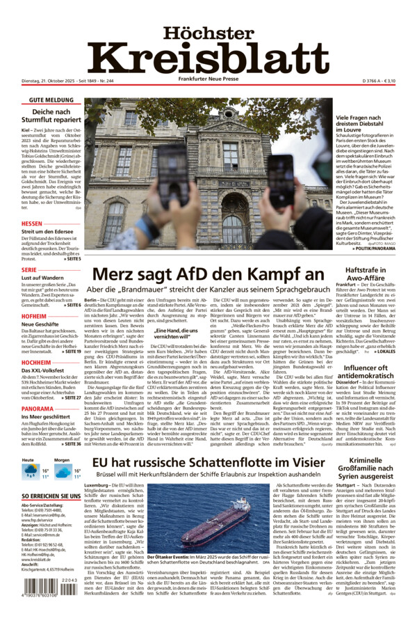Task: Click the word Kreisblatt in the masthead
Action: coord(208,58)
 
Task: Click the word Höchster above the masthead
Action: coord(208,33)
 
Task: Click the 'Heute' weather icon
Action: coord(30,473)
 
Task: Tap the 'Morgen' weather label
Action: coord(62,460)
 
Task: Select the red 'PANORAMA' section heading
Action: coord(38,409)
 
